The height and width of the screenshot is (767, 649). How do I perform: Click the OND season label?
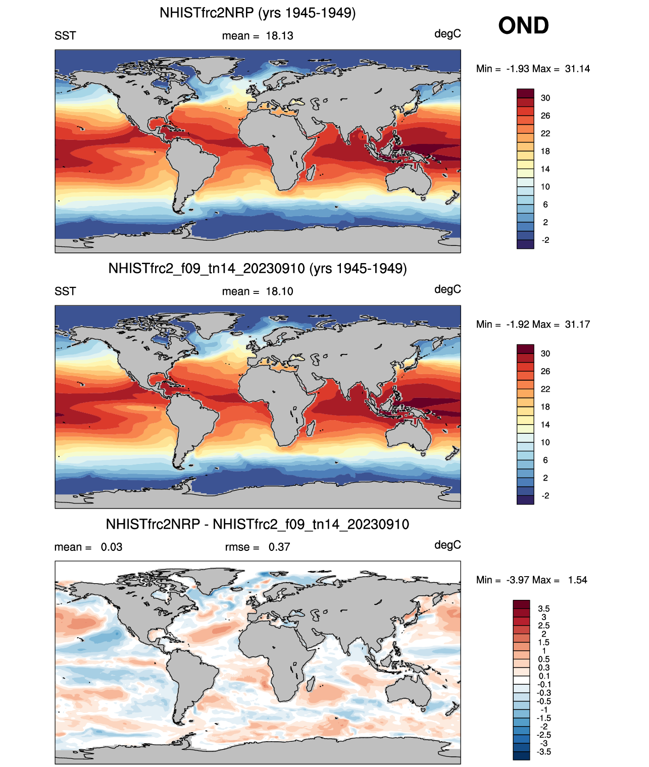523,26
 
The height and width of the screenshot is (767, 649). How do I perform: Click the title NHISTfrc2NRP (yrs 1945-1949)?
258,13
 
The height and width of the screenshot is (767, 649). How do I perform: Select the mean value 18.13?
279,36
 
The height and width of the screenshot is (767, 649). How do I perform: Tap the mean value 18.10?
279,291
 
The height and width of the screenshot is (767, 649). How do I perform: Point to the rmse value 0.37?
279,547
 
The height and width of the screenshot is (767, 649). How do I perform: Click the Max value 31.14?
577,69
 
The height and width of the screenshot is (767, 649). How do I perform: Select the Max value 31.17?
577,324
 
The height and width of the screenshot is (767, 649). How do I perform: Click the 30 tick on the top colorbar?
545,98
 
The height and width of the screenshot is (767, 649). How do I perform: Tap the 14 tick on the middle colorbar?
545,425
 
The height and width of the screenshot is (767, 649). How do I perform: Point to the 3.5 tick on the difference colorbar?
543,608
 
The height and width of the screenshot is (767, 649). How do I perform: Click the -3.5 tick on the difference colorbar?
543,751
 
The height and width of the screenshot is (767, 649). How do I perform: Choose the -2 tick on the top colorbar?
545,240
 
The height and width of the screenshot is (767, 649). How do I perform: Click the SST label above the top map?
65,36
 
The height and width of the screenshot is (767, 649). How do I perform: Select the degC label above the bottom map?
447,545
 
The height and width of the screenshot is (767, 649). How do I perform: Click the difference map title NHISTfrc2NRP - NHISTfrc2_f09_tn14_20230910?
258,524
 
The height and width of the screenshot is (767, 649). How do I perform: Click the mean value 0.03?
112,547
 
